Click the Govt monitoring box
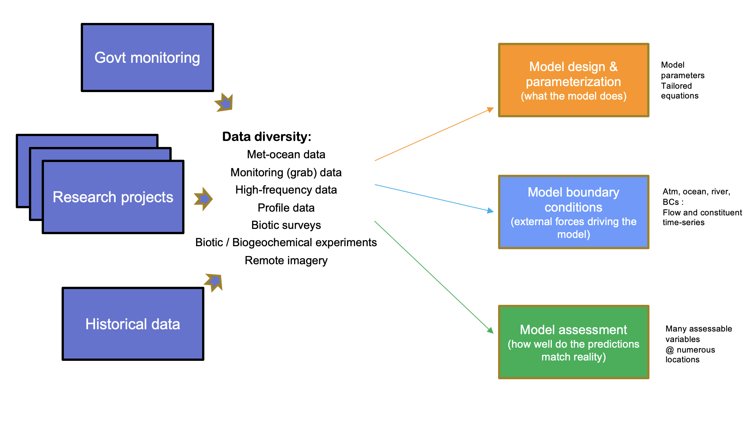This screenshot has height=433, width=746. [x=147, y=58]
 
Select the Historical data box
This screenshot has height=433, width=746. [x=133, y=324]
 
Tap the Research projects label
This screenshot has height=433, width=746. [x=113, y=197]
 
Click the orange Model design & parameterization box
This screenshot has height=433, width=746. [x=573, y=80]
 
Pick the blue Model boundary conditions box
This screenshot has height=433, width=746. [x=573, y=212]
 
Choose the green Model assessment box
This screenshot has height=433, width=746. [x=573, y=342]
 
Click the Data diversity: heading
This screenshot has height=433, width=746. [x=267, y=136]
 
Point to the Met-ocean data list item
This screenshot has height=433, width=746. [x=286, y=154]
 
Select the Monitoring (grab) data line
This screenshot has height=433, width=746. [x=286, y=173]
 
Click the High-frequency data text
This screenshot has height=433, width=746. [x=286, y=190]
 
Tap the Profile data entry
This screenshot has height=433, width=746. [x=286, y=207]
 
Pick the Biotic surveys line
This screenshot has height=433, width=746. [x=286, y=225]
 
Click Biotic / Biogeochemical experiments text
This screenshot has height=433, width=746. [x=286, y=242]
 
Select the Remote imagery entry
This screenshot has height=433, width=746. [x=286, y=260]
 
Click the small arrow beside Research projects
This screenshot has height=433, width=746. [x=203, y=199]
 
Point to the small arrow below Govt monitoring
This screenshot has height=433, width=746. [x=225, y=103]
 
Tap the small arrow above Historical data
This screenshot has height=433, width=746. [x=214, y=282]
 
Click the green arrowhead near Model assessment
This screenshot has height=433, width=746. [x=490, y=330]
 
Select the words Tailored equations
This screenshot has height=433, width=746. [x=680, y=91]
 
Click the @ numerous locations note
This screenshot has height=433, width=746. [x=690, y=355]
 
